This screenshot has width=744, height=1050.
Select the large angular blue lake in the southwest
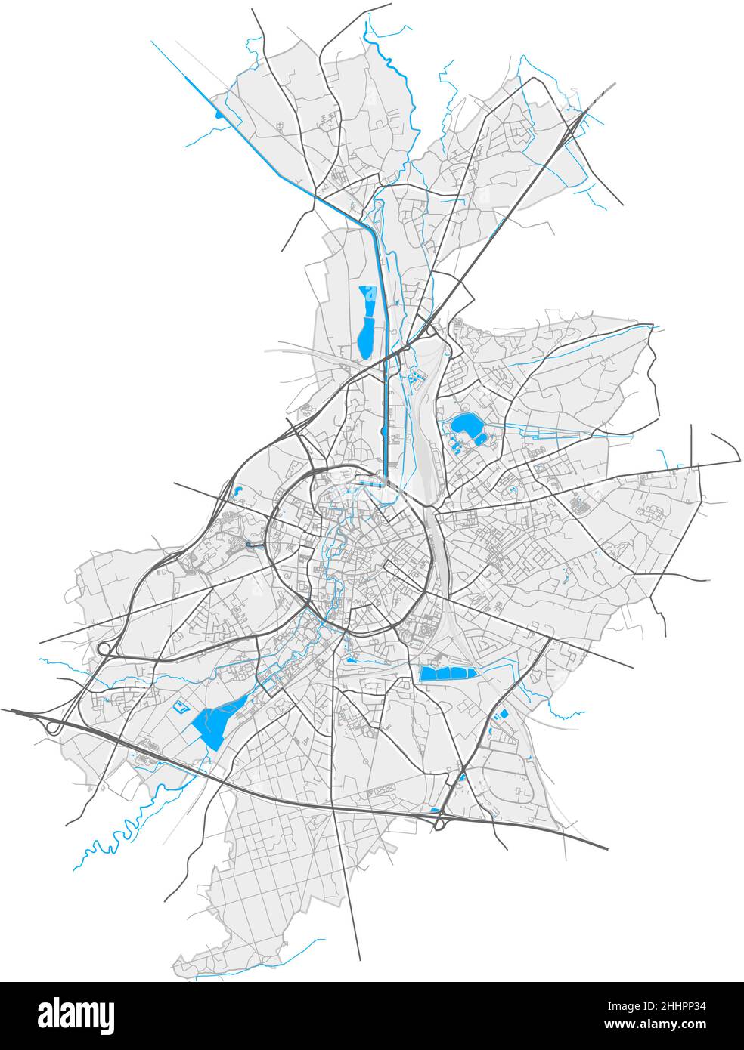(x=213, y=724)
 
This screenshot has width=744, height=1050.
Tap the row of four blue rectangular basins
(x=446, y=674)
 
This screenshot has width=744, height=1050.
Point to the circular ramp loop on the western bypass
(x=104, y=648)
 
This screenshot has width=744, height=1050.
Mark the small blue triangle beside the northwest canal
(x=219, y=114)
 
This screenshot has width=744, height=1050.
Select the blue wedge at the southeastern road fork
(x=461, y=776)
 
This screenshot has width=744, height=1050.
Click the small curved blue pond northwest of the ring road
(x=239, y=491)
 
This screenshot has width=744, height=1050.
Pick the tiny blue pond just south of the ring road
(x=352, y=660)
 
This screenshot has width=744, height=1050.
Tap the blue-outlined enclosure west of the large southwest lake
(x=181, y=707)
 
